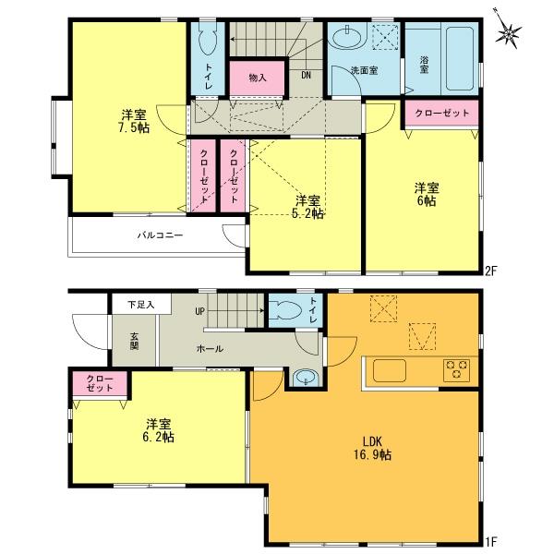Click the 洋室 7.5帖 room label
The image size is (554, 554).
point(133,122)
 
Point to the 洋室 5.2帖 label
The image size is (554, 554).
point(307,207)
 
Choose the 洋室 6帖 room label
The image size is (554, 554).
point(425,193)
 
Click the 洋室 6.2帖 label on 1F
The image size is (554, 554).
point(159,431)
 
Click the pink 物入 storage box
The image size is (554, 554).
point(258,78)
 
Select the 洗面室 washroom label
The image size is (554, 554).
point(363,70)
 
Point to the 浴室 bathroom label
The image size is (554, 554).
point(425,66)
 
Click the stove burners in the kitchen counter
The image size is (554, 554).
point(456,369)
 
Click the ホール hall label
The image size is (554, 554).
point(209,349)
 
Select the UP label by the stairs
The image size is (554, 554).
point(199,311)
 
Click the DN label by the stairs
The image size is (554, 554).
point(306,76)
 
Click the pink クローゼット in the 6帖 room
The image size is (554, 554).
point(440,112)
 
